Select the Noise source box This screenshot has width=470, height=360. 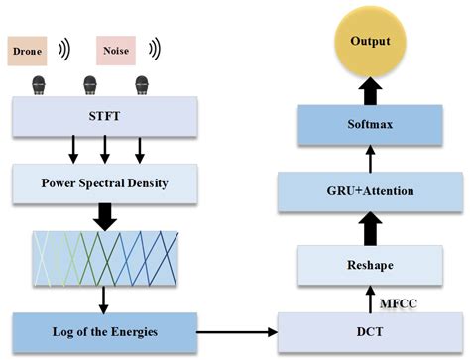116,49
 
